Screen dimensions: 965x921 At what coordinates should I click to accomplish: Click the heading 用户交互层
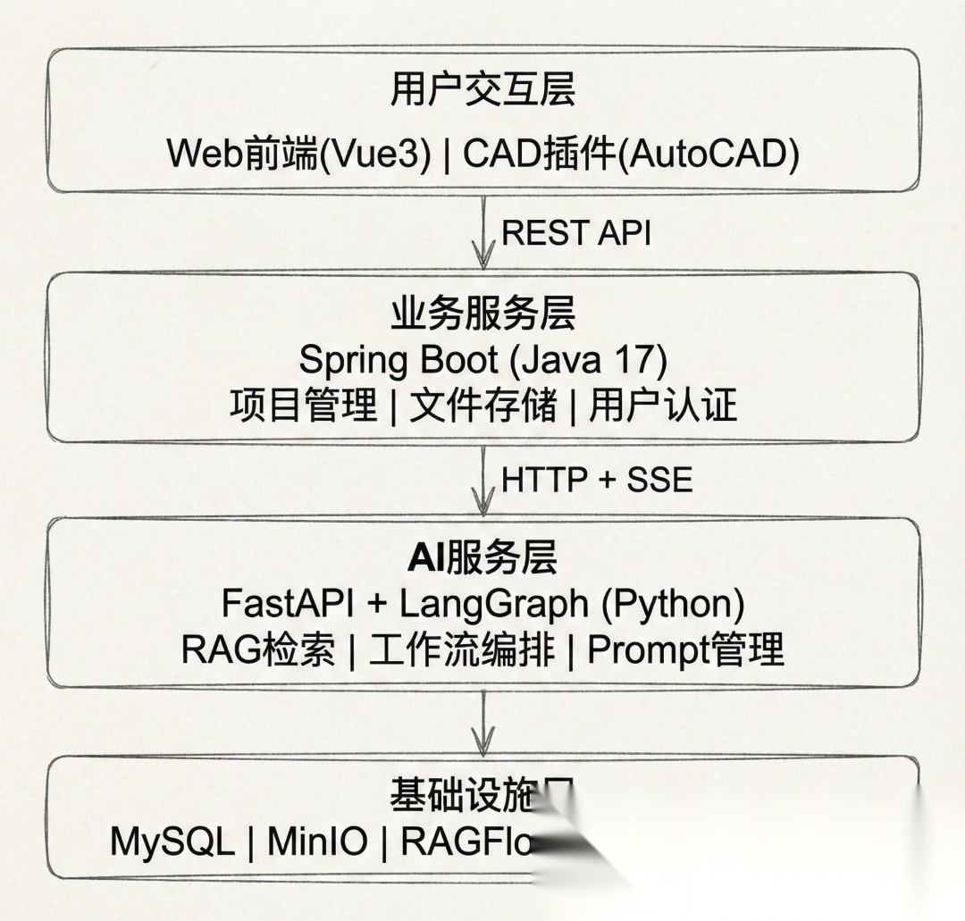pyautogui.click(x=482, y=90)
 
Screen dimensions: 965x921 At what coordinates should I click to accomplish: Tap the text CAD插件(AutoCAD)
pyautogui.click(x=631, y=154)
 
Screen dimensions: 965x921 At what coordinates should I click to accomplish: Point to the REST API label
pyautogui.click(x=575, y=232)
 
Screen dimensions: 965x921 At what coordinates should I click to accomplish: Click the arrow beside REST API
pyautogui.click(x=483, y=233)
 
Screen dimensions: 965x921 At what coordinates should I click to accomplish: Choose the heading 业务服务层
pyautogui.click(x=482, y=314)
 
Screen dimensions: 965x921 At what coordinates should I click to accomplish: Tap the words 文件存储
pyautogui.click(x=482, y=406)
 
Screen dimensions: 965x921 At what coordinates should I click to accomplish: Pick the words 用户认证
pyautogui.click(x=663, y=406)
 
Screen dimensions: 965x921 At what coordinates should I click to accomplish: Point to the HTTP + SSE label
pyautogui.click(x=597, y=480)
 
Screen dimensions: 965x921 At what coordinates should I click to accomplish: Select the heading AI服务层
pyautogui.click(x=482, y=558)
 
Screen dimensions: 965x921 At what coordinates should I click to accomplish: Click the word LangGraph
pyautogui.click(x=494, y=605)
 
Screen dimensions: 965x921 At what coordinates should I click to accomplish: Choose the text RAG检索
pyautogui.click(x=258, y=649)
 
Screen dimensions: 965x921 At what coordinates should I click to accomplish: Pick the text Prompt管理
pyautogui.click(x=685, y=649)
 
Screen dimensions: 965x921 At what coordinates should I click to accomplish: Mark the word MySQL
pyautogui.click(x=172, y=841)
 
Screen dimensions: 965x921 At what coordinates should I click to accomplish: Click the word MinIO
pyautogui.click(x=316, y=841)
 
